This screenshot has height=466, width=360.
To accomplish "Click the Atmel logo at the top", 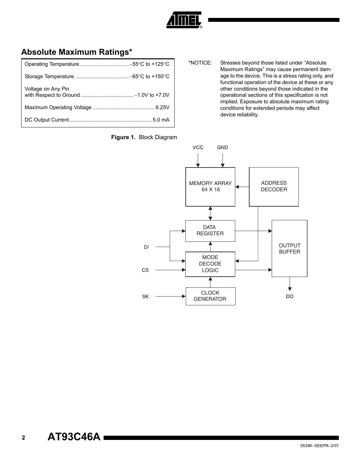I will coord(184,20).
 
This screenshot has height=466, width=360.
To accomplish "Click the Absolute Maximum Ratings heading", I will coord(77,52).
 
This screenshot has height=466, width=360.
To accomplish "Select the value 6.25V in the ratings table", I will coord(162,108).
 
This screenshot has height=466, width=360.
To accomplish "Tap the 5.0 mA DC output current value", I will coord(161,120).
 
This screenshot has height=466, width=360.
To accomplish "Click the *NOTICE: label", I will coord(200,63).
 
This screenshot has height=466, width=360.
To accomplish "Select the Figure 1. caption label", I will coord(123,137).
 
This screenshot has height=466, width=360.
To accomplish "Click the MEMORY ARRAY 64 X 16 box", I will coord(210,187).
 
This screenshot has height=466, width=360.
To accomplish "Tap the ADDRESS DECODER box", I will coord(274,187).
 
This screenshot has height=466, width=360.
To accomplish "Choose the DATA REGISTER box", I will coord(210,231).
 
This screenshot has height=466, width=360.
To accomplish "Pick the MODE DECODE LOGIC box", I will coord(210,264).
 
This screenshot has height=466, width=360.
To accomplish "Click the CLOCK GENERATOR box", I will coord(210,296).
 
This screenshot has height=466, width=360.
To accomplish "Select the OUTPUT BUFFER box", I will coord(289,249).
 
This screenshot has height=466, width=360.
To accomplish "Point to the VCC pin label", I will coord(198,148).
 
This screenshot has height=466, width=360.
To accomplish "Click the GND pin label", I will coord(223,148).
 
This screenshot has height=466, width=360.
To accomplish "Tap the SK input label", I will coord(145,297).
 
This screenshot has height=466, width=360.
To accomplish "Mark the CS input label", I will coord(145,270).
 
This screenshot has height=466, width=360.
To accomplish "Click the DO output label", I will coord(290,297).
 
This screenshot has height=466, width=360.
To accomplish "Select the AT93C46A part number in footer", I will coord(74,437).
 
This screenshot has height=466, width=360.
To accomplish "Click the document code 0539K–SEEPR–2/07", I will coord(319,446).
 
